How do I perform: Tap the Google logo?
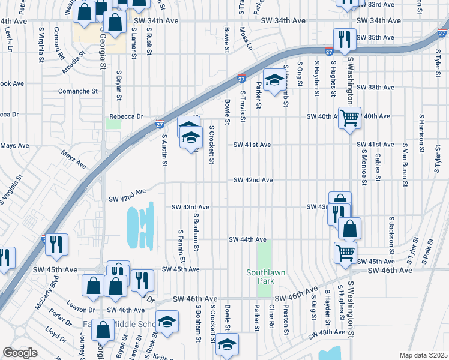coord(20,353)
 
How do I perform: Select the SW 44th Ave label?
coord(247,240)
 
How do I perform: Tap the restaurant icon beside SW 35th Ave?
coord(345,39)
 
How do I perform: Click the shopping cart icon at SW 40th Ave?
coord(349,118)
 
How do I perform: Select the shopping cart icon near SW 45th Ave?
coord(345,253)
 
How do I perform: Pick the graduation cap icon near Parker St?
coord(274,82)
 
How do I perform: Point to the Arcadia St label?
coord(74,65)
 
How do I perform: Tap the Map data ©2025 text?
coord(423,355)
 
